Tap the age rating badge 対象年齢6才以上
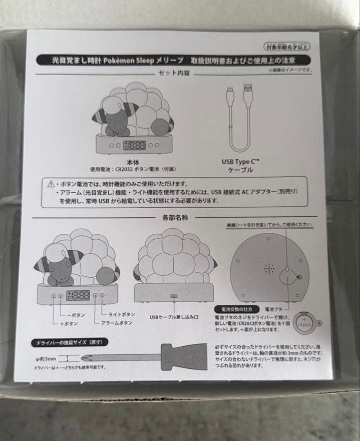point(288,46)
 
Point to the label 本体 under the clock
point(133,162)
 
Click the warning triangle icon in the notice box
point(51,185)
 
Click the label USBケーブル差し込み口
point(174,316)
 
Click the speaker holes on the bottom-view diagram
point(268,268)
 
